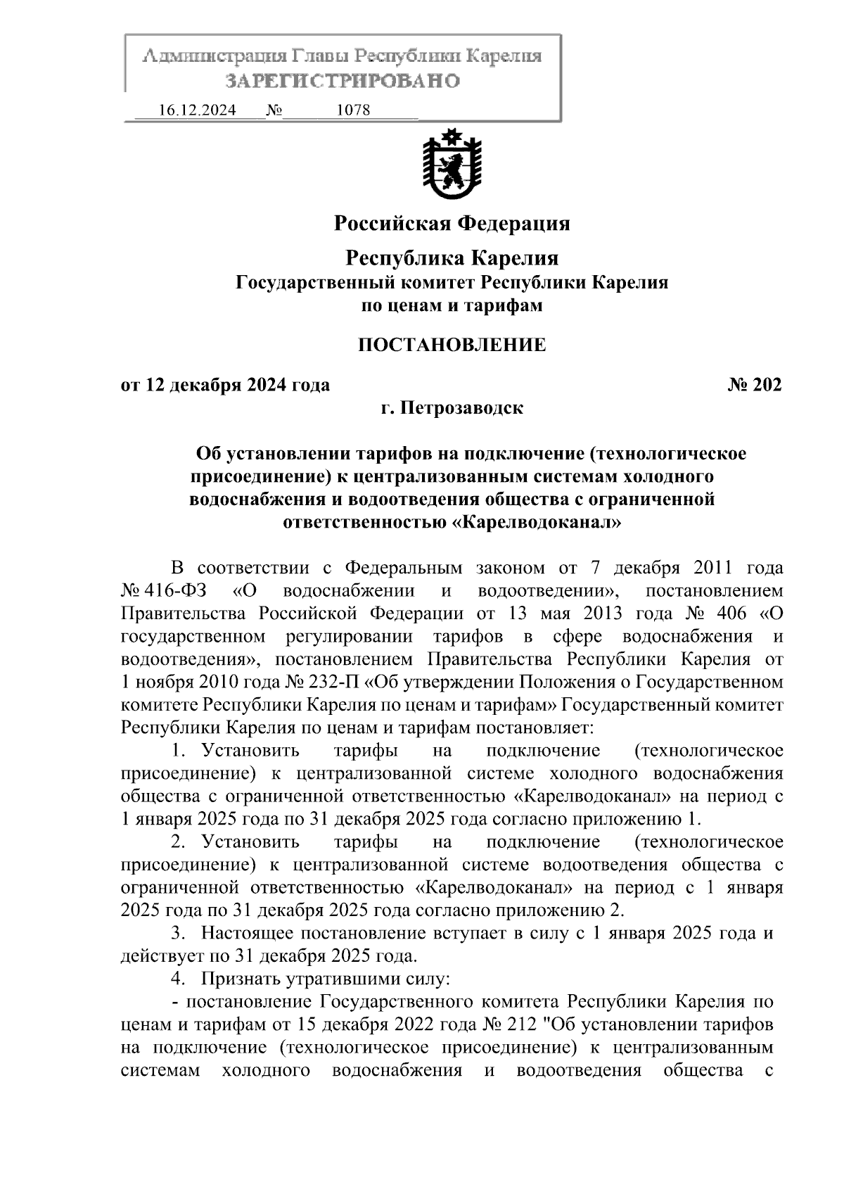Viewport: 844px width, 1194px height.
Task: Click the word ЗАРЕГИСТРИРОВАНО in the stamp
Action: [x=343, y=81]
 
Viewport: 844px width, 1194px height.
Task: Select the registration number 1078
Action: [x=354, y=110]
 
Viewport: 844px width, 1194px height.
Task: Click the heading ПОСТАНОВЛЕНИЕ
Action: [x=452, y=345]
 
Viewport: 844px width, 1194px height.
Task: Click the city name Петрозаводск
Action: [x=462, y=408]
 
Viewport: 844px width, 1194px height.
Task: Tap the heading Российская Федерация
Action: [x=452, y=224]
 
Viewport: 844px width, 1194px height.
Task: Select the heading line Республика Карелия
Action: [x=452, y=258]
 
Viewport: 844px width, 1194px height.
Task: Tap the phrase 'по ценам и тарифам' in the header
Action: [x=452, y=305]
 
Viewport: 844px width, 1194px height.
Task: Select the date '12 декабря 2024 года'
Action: [x=236, y=385]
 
